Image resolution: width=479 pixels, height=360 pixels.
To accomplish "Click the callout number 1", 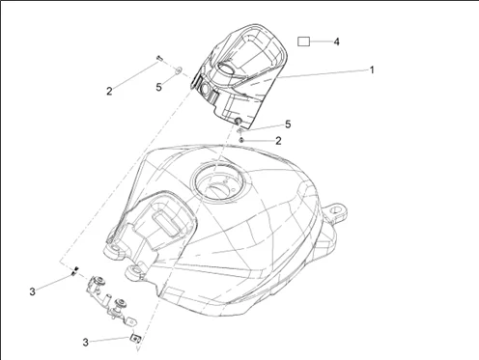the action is pyautogui.click(x=372, y=69).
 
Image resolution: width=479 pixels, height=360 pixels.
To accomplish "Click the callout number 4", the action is pyautogui.click(x=336, y=42).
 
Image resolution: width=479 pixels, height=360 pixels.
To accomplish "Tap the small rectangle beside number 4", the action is pyautogui.click(x=303, y=42).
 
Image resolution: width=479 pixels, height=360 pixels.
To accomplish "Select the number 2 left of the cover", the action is pyautogui.click(x=109, y=92).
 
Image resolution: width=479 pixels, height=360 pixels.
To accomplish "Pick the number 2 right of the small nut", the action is pyautogui.click(x=278, y=141).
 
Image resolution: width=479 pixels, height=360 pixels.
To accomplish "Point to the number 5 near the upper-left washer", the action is pyautogui.click(x=158, y=87).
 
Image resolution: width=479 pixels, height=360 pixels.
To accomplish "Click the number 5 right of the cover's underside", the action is pyautogui.click(x=288, y=125).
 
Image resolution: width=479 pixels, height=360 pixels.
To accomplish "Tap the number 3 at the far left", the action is pyautogui.click(x=32, y=291).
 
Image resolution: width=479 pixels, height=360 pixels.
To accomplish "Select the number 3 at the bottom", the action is pyautogui.click(x=85, y=342).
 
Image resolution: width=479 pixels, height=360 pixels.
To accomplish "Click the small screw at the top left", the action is pyautogui.click(x=159, y=58).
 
